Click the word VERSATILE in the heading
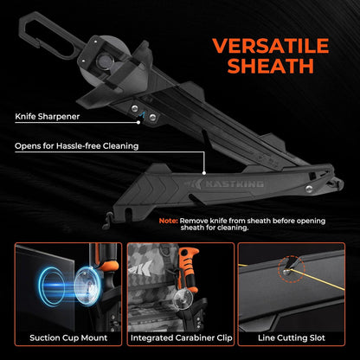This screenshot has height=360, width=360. [x=271, y=46]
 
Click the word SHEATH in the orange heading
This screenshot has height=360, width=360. [x=270, y=66]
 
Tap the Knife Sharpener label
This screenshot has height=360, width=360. [x=48, y=117]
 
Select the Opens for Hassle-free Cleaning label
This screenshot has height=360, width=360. [x=77, y=146]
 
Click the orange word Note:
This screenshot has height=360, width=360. [x=169, y=222]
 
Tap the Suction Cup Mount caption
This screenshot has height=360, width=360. [x=68, y=337]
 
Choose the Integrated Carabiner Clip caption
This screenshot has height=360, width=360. [x=182, y=337]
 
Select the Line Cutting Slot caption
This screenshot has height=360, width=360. [x=292, y=337]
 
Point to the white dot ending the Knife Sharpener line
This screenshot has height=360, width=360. [x=138, y=122]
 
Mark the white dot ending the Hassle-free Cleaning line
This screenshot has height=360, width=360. [x=204, y=173]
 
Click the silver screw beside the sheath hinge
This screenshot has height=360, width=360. [x=309, y=189]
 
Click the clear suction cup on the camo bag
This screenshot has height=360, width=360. [x=183, y=299]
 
